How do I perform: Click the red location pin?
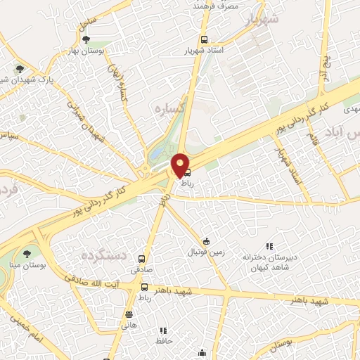click(x=181, y=165)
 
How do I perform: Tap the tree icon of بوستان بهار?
click(x=86, y=39)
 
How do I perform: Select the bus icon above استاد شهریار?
click(x=204, y=39)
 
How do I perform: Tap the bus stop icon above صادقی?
click(x=142, y=259)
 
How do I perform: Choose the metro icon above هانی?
click(x=128, y=314)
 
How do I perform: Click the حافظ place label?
click(x=164, y=340)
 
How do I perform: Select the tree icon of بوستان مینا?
click(x=27, y=252)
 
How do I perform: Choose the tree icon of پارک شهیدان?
click(x=20, y=70)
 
